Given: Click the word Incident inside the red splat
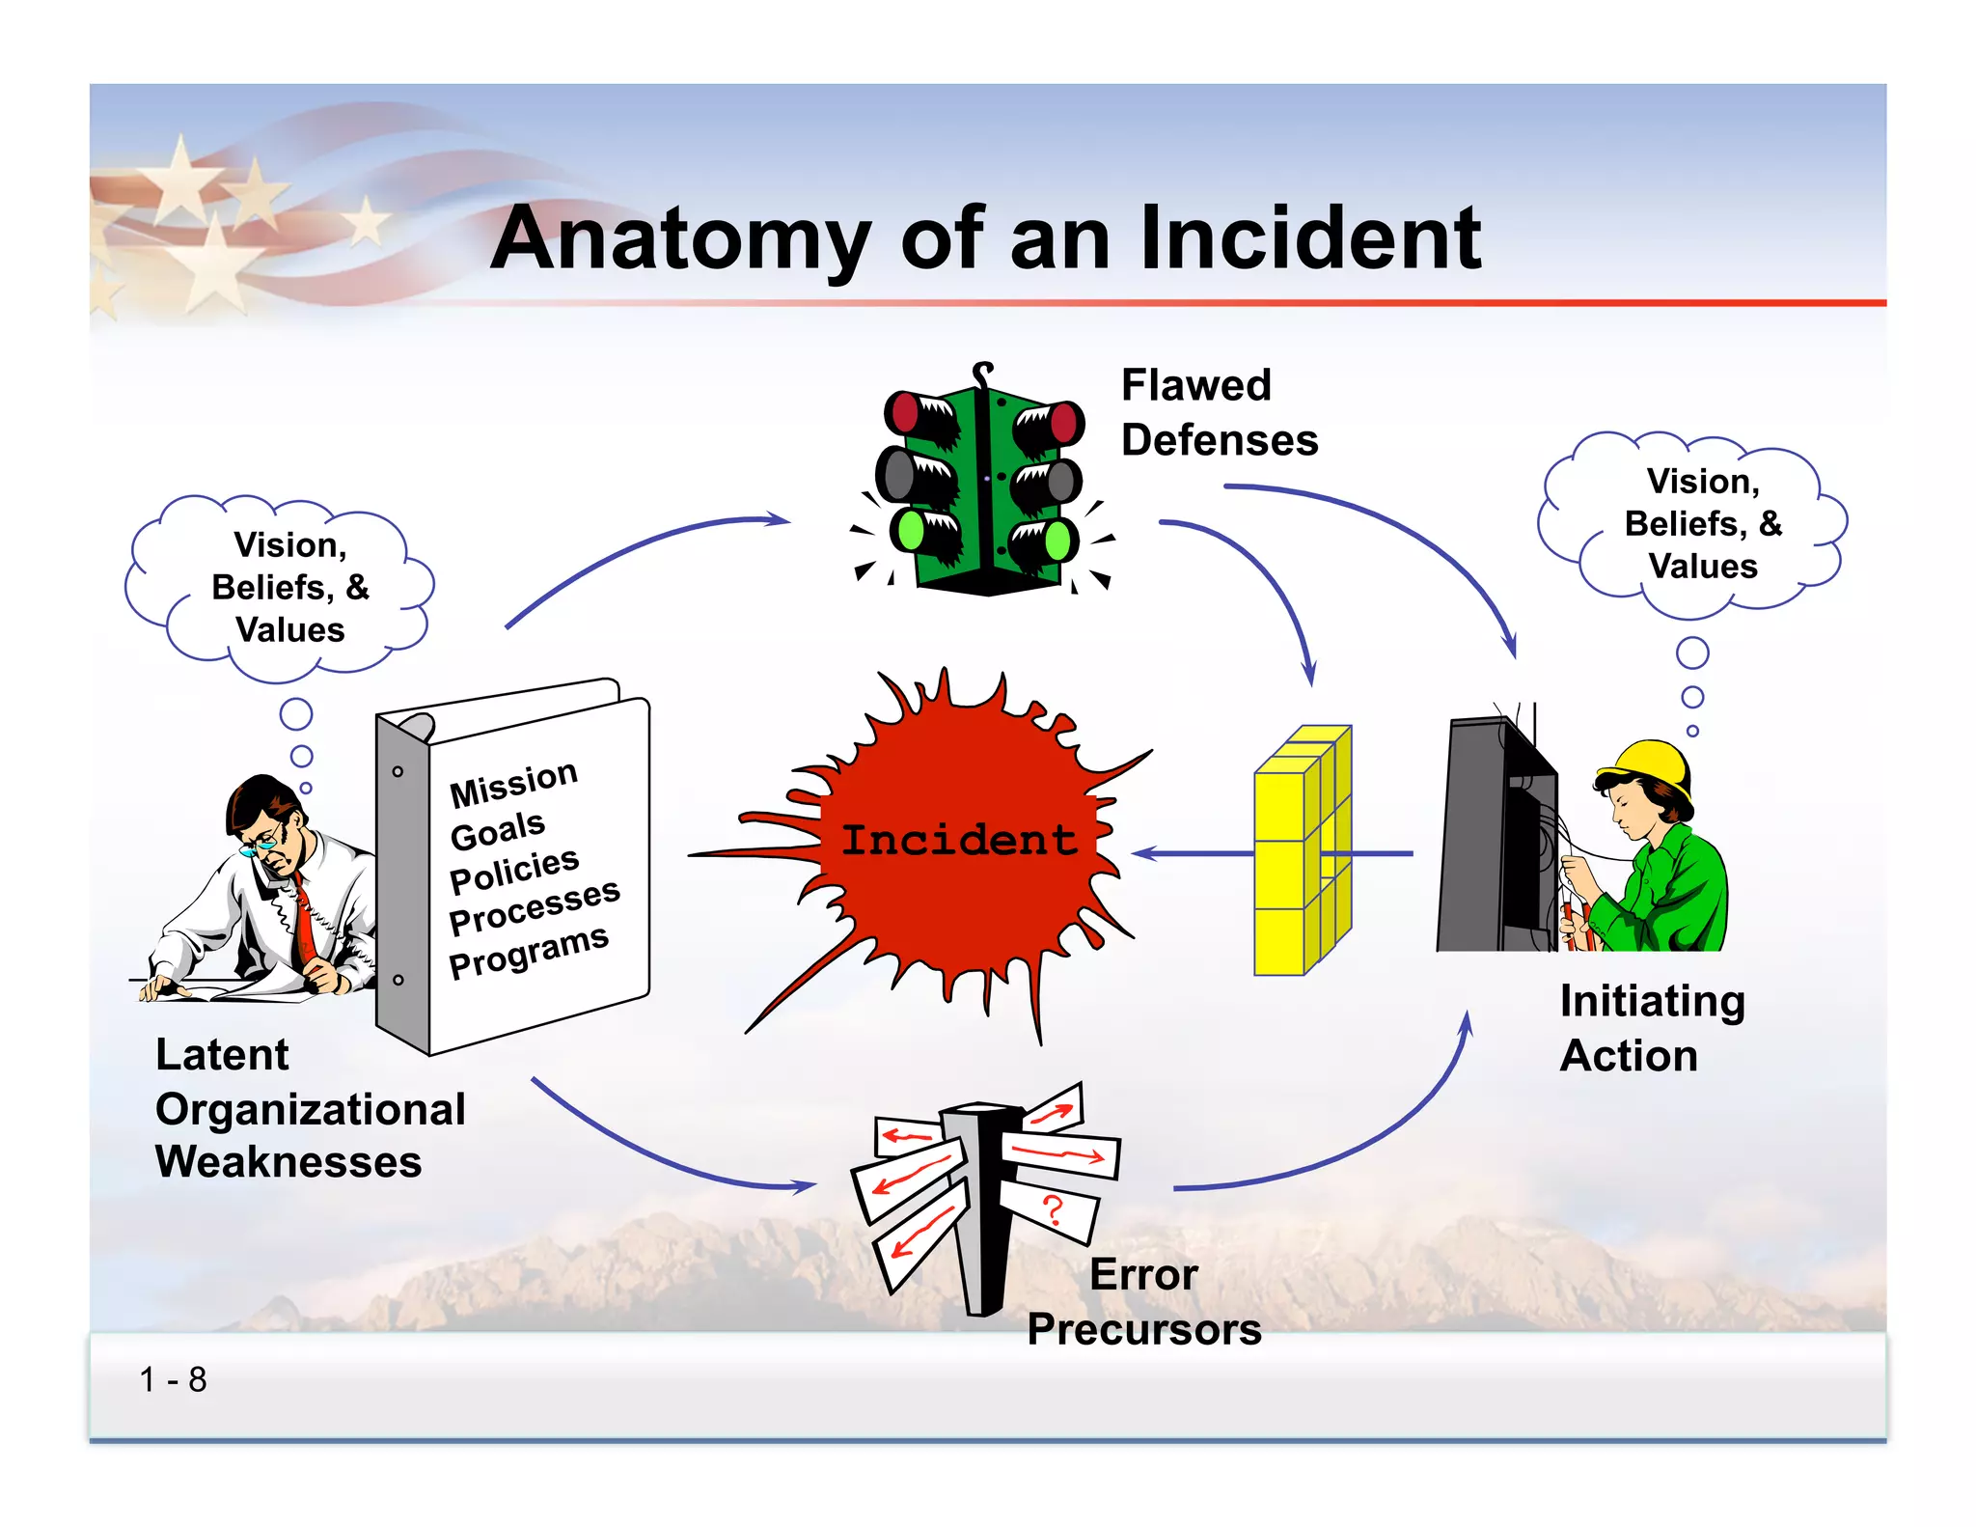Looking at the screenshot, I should (x=958, y=840).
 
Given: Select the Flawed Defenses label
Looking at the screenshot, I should (x=1218, y=412).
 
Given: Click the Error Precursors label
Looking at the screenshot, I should (x=1144, y=1302).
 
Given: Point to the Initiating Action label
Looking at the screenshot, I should (x=1651, y=1028).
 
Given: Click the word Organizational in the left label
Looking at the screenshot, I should (x=310, y=1109).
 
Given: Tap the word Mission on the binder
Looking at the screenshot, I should (x=513, y=783).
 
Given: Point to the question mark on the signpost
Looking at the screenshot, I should (x=1053, y=1208).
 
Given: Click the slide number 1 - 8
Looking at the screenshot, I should (x=173, y=1379).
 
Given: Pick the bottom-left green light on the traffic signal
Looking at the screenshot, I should (x=909, y=530).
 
